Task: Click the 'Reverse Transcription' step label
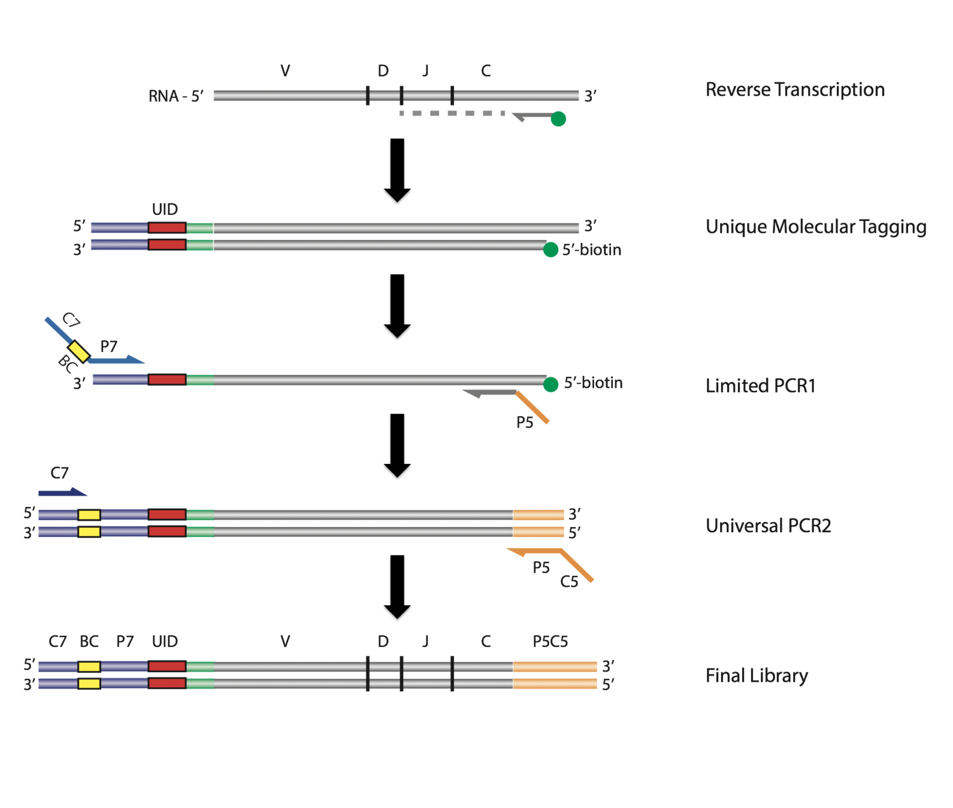coord(795,90)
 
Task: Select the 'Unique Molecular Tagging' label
coord(816,227)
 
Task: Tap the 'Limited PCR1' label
coord(761,385)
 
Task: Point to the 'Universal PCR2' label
coord(769,525)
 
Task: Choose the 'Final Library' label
coord(757,676)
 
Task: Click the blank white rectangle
coord(779,316)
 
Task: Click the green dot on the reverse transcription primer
coord(558,119)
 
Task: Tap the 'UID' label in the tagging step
coord(165,209)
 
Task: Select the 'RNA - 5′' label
coord(176,96)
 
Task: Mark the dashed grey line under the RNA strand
coord(452,113)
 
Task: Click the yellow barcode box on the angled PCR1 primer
coord(78,351)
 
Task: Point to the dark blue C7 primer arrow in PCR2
coord(62,493)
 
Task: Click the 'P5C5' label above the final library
coord(550,642)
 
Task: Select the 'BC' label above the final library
coord(89,642)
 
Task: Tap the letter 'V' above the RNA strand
coord(285,71)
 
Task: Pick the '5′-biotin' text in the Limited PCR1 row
coord(593,383)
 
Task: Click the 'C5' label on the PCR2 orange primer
coord(570,581)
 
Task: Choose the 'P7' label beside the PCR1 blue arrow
coord(108,347)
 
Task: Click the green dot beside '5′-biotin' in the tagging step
coord(550,250)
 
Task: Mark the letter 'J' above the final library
coord(425,642)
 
